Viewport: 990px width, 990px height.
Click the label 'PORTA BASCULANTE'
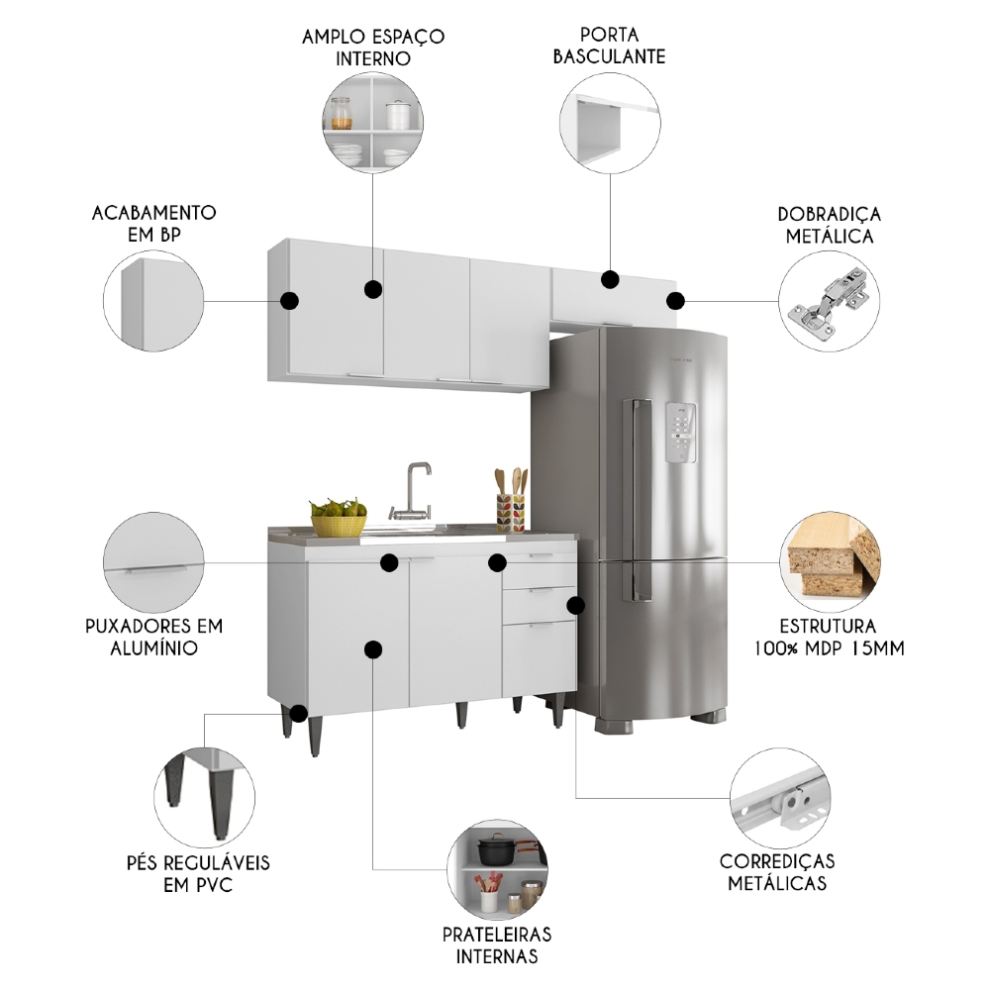(x=609, y=45)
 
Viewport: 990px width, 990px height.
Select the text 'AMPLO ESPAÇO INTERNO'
(x=373, y=47)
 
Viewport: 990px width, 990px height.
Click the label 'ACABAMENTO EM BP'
(x=153, y=223)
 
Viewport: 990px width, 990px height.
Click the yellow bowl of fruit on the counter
(x=339, y=519)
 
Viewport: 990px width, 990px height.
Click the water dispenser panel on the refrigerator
(x=681, y=433)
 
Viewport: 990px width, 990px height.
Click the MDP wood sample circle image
(x=829, y=562)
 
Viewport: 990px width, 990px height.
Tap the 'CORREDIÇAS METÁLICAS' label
(x=777, y=871)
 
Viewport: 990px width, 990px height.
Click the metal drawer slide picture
(x=780, y=800)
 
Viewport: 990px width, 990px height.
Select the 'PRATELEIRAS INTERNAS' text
(x=497, y=944)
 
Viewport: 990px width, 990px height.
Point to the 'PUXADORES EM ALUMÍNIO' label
(x=153, y=637)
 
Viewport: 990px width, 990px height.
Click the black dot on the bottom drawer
(x=575, y=604)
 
